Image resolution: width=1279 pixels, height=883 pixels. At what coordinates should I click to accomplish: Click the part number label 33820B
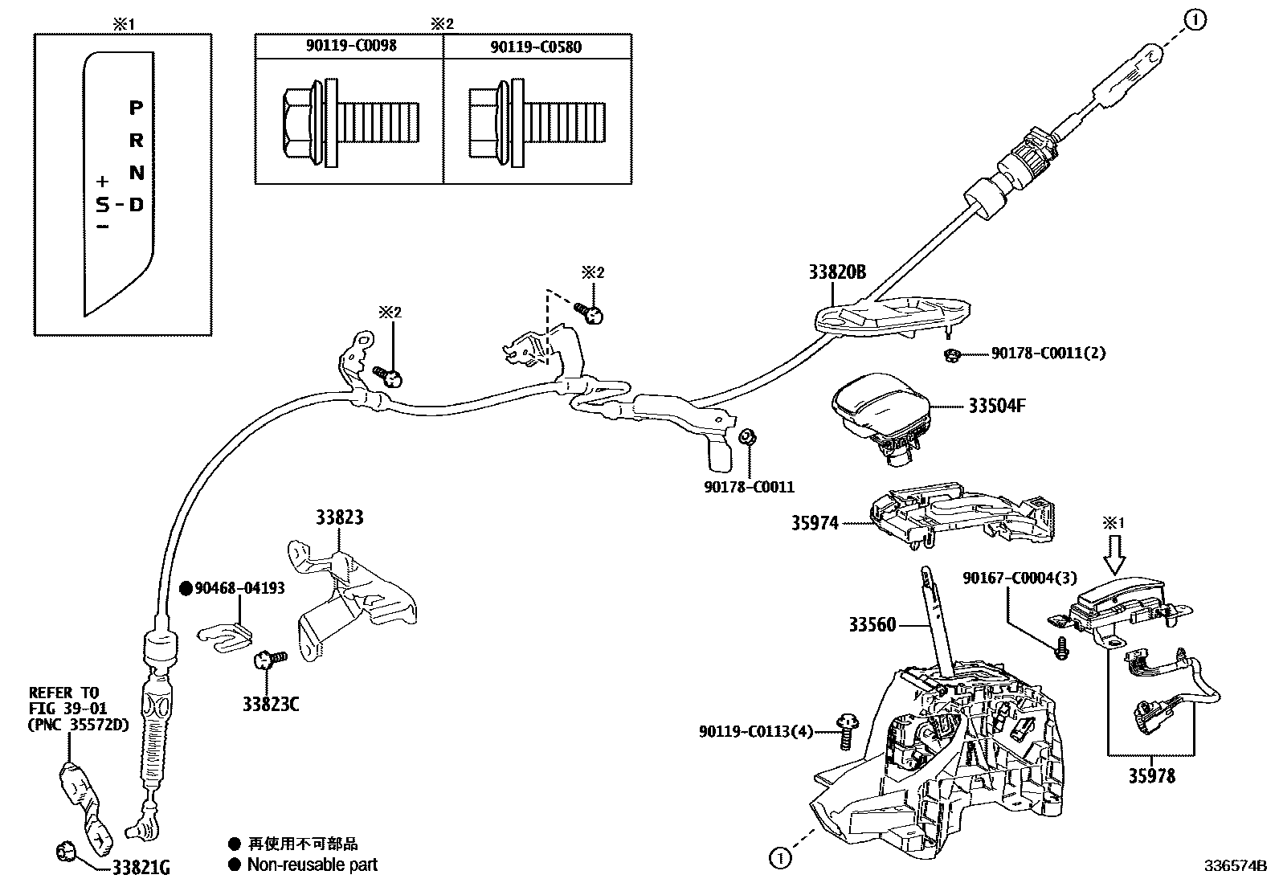point(837,272)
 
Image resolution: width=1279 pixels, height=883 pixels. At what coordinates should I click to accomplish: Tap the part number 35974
point(815,524)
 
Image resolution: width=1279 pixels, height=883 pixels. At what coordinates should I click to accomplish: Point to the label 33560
point(872,624)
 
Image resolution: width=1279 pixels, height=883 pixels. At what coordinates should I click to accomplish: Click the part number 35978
point(1151,776)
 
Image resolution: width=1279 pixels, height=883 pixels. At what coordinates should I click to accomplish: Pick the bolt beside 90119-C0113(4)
point(845,730)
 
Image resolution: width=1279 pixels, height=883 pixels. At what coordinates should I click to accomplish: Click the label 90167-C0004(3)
point(1020,578)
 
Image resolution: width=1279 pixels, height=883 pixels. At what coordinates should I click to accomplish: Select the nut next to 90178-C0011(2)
point(950,354)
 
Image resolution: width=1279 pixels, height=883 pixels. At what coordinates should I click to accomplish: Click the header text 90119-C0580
point(536,47)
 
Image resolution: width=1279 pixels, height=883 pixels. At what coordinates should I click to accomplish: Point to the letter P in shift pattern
point(136,107)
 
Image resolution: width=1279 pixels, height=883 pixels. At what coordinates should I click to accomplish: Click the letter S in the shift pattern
point(103,205)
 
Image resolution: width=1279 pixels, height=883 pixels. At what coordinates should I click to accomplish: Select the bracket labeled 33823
point(353,591)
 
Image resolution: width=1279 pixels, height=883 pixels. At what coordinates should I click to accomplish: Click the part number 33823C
point(271,704)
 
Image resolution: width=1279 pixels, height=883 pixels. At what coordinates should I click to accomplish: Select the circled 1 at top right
point(1195,21)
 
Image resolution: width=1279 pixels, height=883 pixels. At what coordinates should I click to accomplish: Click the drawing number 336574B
point(1234,866)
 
